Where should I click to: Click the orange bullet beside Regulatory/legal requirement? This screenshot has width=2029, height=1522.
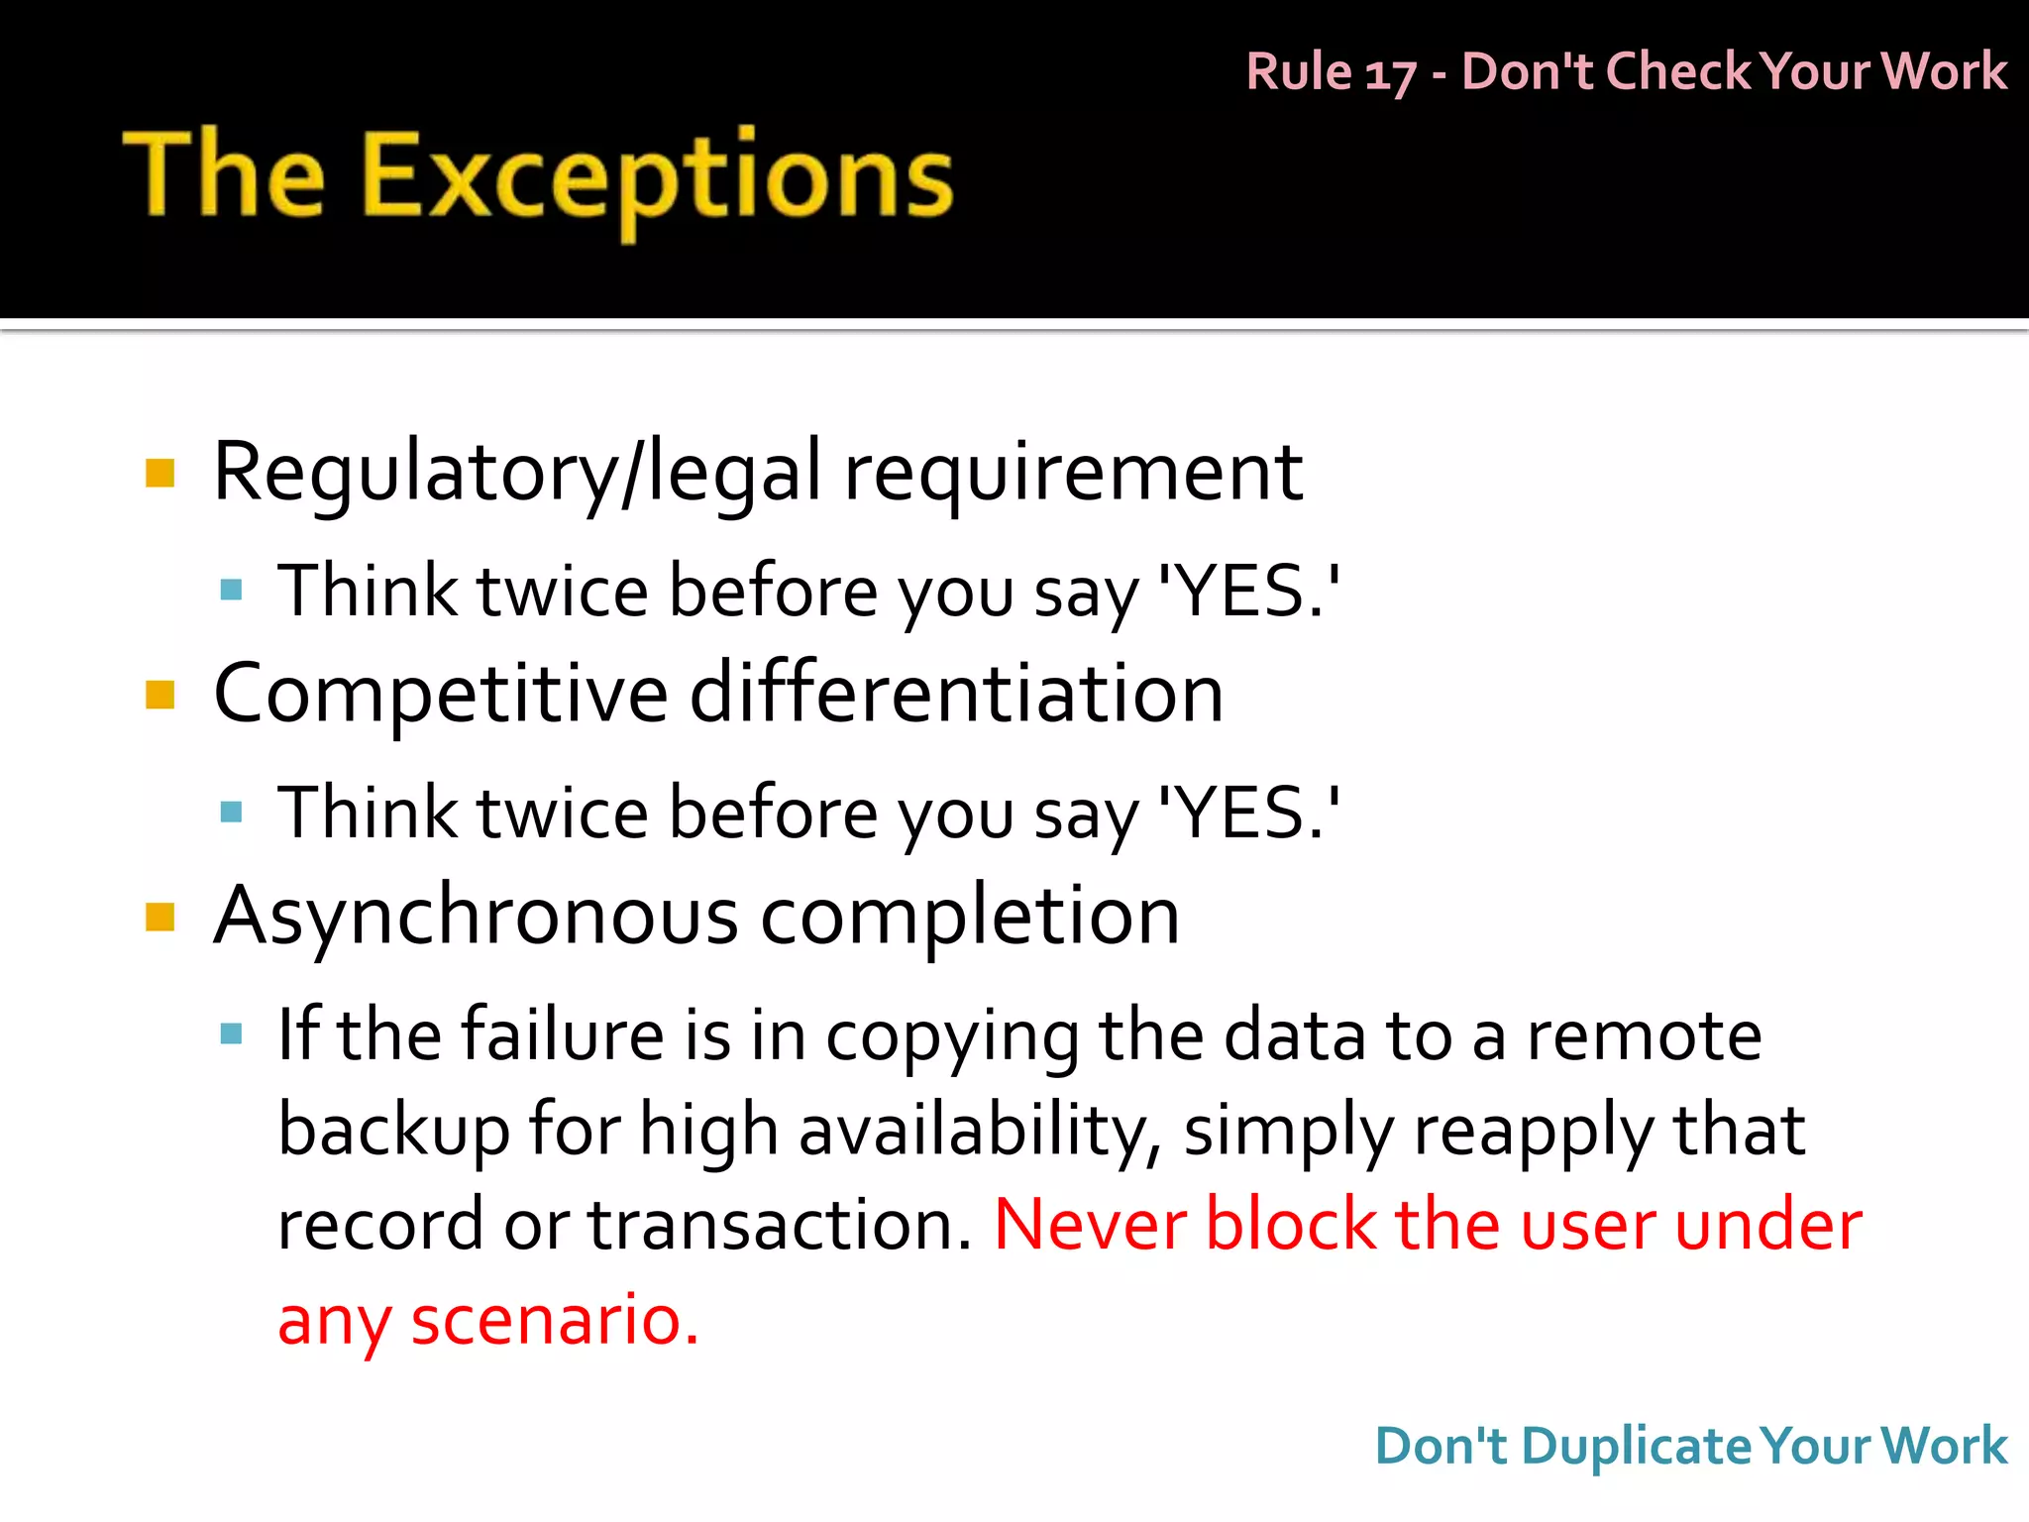[160, 474]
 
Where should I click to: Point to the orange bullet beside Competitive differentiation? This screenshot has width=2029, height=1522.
[160, 695]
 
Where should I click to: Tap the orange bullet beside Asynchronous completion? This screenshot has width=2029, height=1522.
[160, 917]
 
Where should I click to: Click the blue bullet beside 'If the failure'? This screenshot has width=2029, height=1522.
[232, 1034]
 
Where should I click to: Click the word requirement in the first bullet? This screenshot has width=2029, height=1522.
[1073, 473]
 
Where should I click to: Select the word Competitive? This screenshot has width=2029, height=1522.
[441, 694]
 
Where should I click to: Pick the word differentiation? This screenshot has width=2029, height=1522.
[956, 694]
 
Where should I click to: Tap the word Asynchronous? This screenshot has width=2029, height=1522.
[476, 916]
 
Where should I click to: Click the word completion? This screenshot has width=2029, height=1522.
[970, 916]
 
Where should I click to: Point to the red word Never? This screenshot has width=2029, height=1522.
[1088, 1225]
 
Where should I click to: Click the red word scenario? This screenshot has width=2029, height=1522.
[555, 1320]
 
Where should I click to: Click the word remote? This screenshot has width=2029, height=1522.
[1644, 1035]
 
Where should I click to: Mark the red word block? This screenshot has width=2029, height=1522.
[1291, 1225]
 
